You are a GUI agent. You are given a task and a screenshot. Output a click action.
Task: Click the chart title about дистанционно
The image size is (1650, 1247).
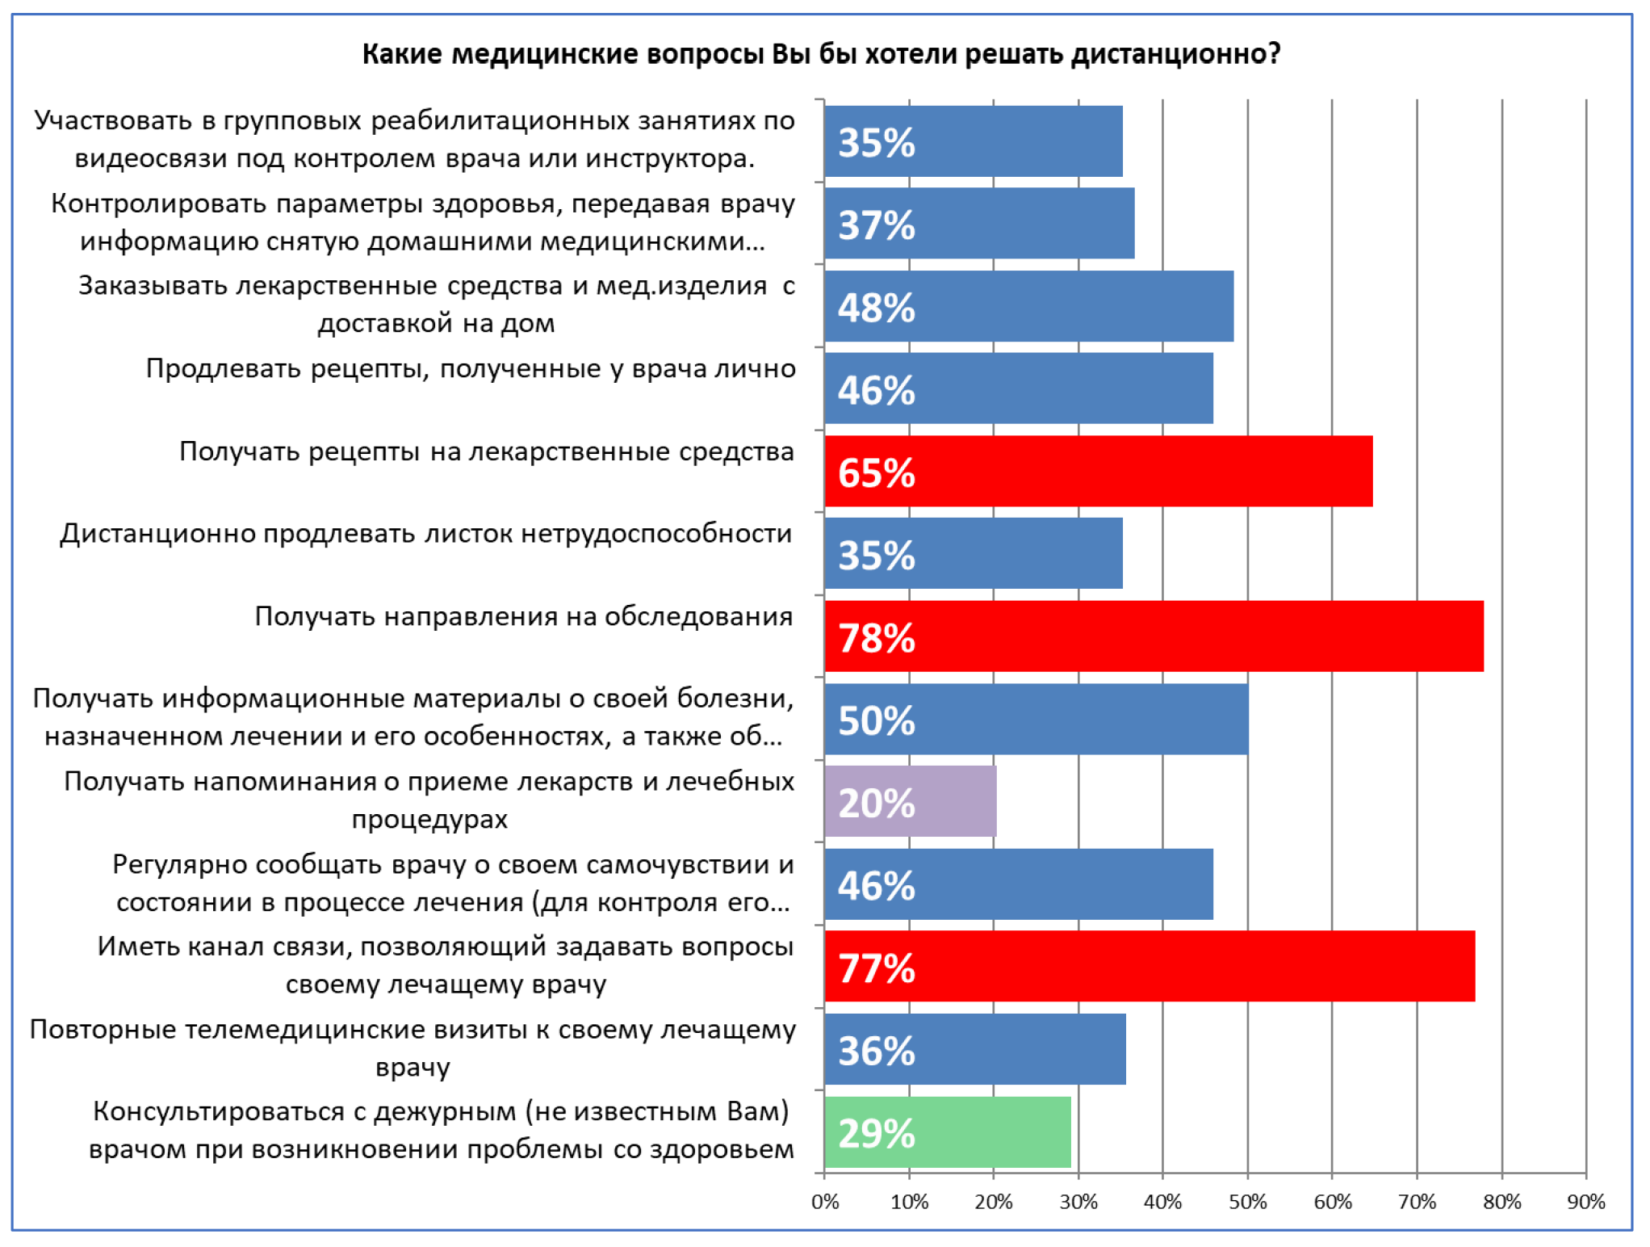(821, 54)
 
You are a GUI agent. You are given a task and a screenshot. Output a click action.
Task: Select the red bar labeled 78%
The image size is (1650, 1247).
(1154, 636)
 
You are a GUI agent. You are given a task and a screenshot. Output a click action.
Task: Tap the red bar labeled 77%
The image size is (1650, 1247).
(1150, 967)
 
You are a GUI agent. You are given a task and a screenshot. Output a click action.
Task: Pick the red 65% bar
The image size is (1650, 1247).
(1098, 472)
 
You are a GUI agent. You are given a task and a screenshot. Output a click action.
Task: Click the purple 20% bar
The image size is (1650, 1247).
(911, 802)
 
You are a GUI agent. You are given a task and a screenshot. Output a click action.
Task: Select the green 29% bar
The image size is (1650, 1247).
(948, 1132)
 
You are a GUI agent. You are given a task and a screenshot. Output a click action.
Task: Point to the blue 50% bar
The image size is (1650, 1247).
(1036, 720)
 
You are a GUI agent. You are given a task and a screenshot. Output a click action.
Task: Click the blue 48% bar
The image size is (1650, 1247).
(1028, 307)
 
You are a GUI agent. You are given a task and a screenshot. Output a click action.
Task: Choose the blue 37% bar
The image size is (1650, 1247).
(979, 224)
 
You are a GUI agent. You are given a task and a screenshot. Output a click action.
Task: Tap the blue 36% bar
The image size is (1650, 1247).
(975, 1050)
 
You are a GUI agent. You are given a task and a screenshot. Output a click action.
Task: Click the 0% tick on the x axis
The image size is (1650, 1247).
(824, 1203)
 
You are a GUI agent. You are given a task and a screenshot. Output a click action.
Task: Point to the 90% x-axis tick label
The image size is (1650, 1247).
(1585, 1203)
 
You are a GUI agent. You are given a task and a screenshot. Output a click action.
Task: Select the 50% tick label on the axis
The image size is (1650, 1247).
(1247, 1203)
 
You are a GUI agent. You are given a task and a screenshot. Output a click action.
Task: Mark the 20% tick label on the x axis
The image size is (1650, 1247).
(993, 1203)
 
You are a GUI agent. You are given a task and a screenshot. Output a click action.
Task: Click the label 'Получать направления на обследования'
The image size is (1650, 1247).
(524, 616)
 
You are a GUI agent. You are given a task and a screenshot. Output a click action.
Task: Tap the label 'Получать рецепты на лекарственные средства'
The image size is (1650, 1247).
(487, 451)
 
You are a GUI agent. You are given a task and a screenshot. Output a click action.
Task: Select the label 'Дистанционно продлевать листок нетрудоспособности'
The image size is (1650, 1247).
(426, 534)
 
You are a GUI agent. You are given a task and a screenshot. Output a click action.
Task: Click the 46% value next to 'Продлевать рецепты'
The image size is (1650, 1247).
(876, 391)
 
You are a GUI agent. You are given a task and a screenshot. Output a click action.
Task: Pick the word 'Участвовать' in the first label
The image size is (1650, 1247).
(114, 120)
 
